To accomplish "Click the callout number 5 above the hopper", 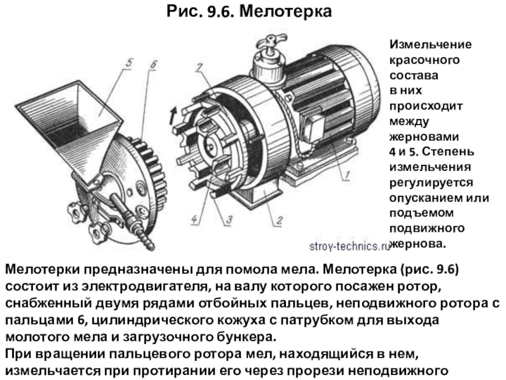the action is (129, 62).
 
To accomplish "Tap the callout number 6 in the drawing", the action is (153, 65).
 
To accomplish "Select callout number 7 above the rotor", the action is (199, 68).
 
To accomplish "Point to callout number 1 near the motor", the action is (347, 175).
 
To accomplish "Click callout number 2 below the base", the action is (279, 220).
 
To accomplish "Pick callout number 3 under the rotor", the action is (229, 220).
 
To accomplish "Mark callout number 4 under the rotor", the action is (194, 219).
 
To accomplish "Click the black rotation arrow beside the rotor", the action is (173, 116).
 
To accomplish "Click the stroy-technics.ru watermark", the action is (350, 246).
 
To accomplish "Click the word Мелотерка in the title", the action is (286, 11).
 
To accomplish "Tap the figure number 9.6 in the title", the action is (220, 11).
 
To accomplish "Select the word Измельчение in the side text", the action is (431, 44).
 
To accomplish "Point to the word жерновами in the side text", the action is (424, 137).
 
